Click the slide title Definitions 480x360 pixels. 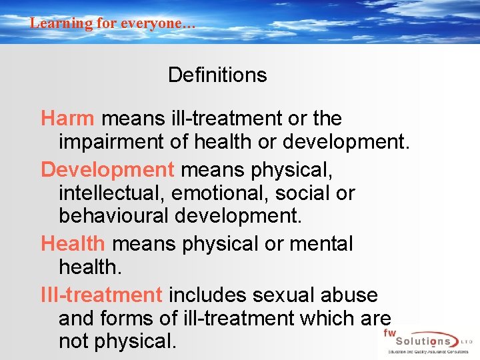(217, 75)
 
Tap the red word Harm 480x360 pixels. (67, 119)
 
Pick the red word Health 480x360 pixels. (73, 244)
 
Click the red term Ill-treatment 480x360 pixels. (101, 295)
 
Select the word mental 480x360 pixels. (321, 244)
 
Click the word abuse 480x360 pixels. (349, 295)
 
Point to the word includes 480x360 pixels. (205, 295)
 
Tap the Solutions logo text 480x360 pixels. (420, 341)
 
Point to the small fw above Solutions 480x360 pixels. (389, 331)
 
